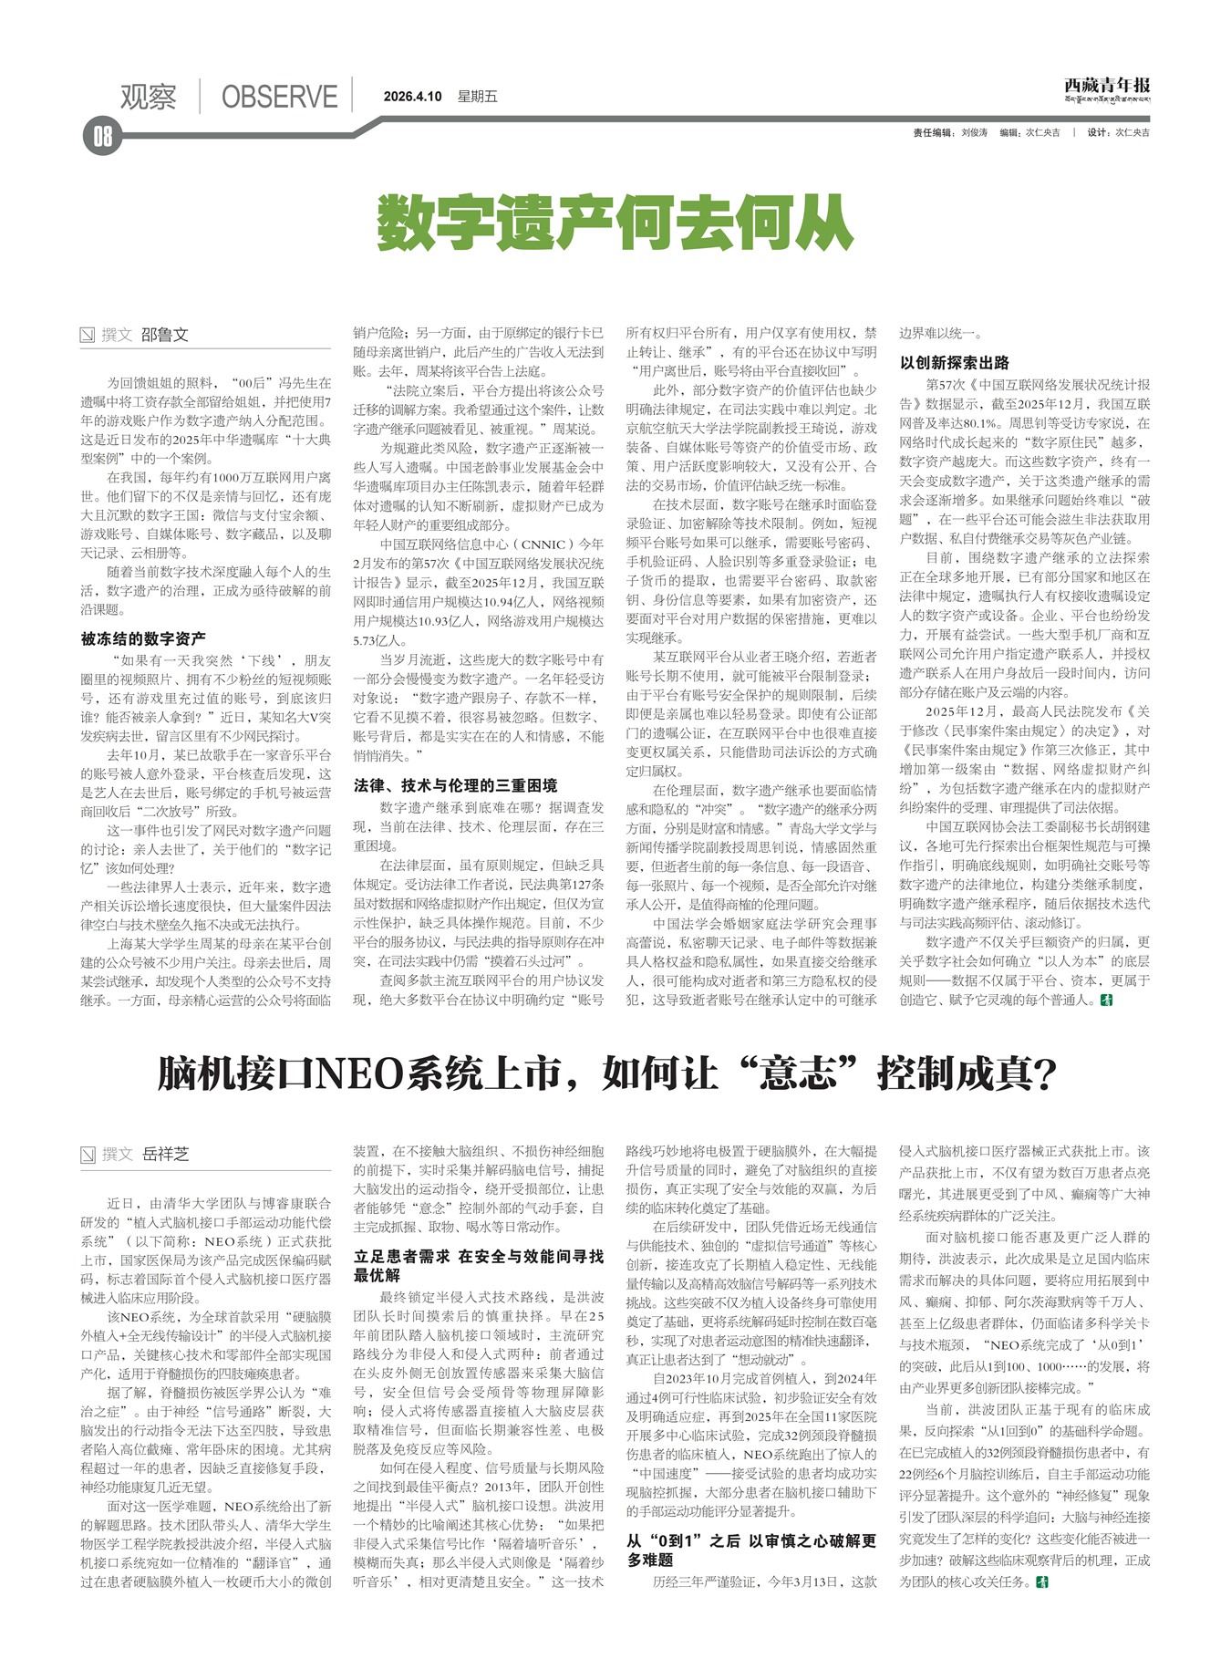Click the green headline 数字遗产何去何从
[615, 223]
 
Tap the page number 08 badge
[101, 137]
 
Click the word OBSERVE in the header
[279, 97]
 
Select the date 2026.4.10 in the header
[412, 97]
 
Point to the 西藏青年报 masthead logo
[1107, 88]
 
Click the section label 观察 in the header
[148, 97]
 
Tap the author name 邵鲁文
[165, 335]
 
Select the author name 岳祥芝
[165, 1154]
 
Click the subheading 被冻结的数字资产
[143, 638]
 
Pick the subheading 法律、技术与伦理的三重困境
[455, 785]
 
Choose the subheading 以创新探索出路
[955, 362]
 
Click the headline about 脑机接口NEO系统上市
[606, 1073]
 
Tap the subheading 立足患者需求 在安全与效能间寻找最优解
[478, 1265]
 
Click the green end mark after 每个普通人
[1108, 1001]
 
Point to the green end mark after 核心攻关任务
[1042, 1581]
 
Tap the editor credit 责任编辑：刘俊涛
[950, 133]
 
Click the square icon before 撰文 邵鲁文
[88, 335]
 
